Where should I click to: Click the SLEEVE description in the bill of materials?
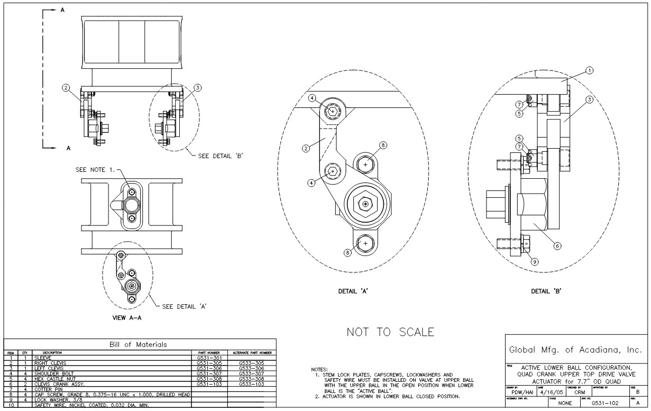tap(42, 358)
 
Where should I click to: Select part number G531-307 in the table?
tap(208, 372)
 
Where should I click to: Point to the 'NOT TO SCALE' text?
tap(390, 332)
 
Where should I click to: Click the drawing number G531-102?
tap(605, 403)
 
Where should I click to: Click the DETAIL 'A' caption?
tap(353, 291)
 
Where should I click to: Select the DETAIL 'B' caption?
tap(546, 291)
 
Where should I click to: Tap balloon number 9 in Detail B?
tap(535, 261)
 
